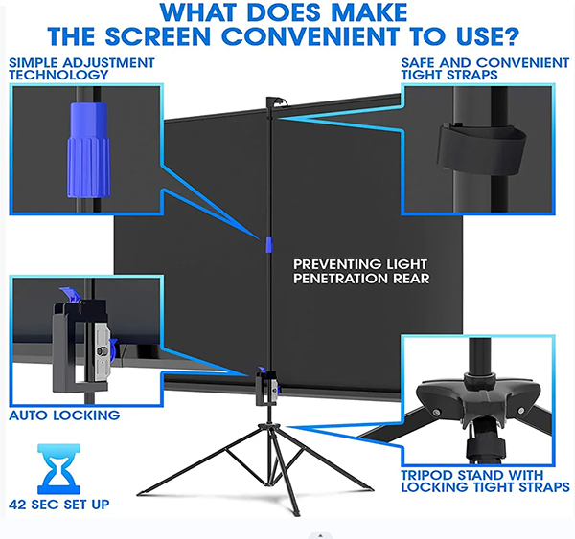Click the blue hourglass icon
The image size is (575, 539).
click(x=58, y=469)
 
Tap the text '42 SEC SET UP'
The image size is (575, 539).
click(x=59, y=505)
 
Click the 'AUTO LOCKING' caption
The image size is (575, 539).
click(x=64, y=415)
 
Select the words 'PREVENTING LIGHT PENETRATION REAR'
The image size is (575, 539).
click(x=361, y=271)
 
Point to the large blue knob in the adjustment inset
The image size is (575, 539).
click(x=88, y=150)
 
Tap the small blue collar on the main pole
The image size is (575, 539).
click(x=269, y=245)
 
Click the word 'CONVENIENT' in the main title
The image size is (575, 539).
click(x=310, y=36)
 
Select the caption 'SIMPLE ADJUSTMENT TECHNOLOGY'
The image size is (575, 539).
click(x=81, y=69)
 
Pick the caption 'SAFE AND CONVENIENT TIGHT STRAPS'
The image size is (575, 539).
click(x=485, y=69)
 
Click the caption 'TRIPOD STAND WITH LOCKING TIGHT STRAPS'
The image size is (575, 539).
click(x=485, y=482)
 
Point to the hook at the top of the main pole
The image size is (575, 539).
click(x=275, y=101)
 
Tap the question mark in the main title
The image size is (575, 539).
click(x=508, y=36)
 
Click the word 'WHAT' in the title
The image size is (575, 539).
click(x=197, y=12)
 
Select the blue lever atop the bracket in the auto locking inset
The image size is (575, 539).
click(x=71, y=294)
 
